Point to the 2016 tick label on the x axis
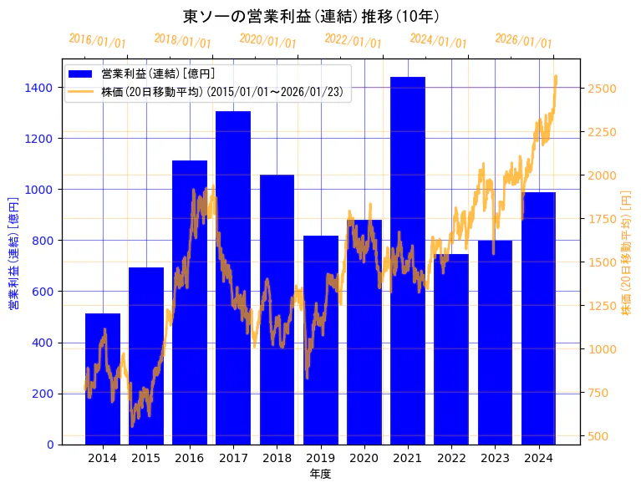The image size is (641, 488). click(x=190, y=458)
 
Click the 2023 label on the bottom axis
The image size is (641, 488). click(x=496, y=458)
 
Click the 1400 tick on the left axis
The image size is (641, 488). click(x=40, y=88)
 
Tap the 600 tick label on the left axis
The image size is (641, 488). click(x=43, y=292)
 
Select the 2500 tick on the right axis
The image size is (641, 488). click(x=603, y=89)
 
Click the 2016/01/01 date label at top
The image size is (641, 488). click(x=97, y=41)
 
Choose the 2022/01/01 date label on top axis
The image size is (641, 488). click(x=353, y=41)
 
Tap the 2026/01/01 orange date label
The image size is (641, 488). click(x=523, y=41)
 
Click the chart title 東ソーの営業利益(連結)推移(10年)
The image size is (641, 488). click(x=311, y=16)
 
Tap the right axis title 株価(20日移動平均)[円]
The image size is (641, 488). click(x=627, y=251)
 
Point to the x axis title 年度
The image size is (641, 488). click(x=320, y=474)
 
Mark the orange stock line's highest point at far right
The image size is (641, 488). click(x=556, y=77)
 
